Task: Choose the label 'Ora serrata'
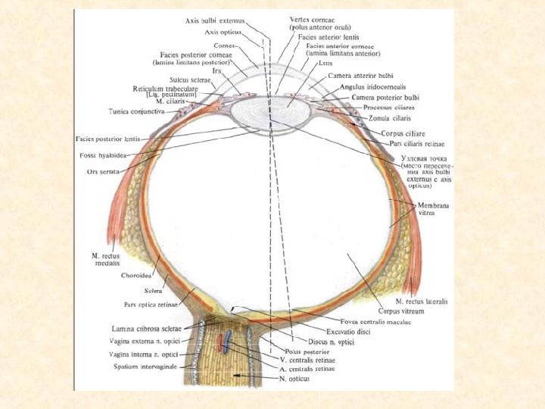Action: pyautogui.click(x=103, y=171)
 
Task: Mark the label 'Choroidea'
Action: pyautogui.click(x=139, y=276)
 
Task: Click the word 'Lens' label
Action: pyautogui.click(x=326, y=64)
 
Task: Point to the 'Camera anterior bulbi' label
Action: pyautogui.click(x=360, y=76)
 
